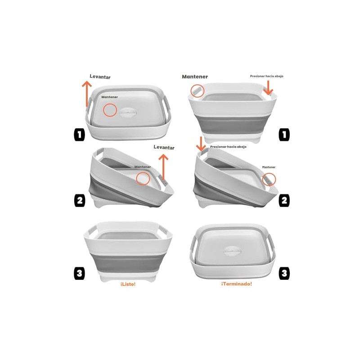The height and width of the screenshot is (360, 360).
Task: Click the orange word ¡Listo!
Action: pos(128,284)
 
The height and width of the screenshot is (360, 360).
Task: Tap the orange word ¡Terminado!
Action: pos(237,284)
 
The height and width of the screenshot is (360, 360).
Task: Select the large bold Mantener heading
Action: pos(195,76)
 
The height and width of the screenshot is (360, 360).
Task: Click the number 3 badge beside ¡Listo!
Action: pos(80,274)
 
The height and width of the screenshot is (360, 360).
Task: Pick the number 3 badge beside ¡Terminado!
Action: pos(284,273)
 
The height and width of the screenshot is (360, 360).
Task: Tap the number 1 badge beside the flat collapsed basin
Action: pos(80,134)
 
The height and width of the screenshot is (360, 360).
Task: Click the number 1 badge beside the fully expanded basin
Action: pos(284,134)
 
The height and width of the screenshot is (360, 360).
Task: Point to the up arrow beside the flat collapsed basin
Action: pos(87,94)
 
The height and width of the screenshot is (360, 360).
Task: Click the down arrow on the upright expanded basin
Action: pos(268,88)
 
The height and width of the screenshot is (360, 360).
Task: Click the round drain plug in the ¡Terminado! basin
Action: pos(231,251)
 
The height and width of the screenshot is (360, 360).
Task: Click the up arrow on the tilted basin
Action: pos(163,167)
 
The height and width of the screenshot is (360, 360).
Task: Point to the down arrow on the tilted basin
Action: pos(201,144)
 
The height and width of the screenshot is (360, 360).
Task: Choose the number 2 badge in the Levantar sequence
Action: pos(80,200)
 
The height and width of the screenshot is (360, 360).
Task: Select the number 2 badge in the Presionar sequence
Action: pos(284,200)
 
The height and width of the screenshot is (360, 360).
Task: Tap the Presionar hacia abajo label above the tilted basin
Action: pos(228,147)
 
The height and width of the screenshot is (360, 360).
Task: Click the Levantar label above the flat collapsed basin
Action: pos(100,76)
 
